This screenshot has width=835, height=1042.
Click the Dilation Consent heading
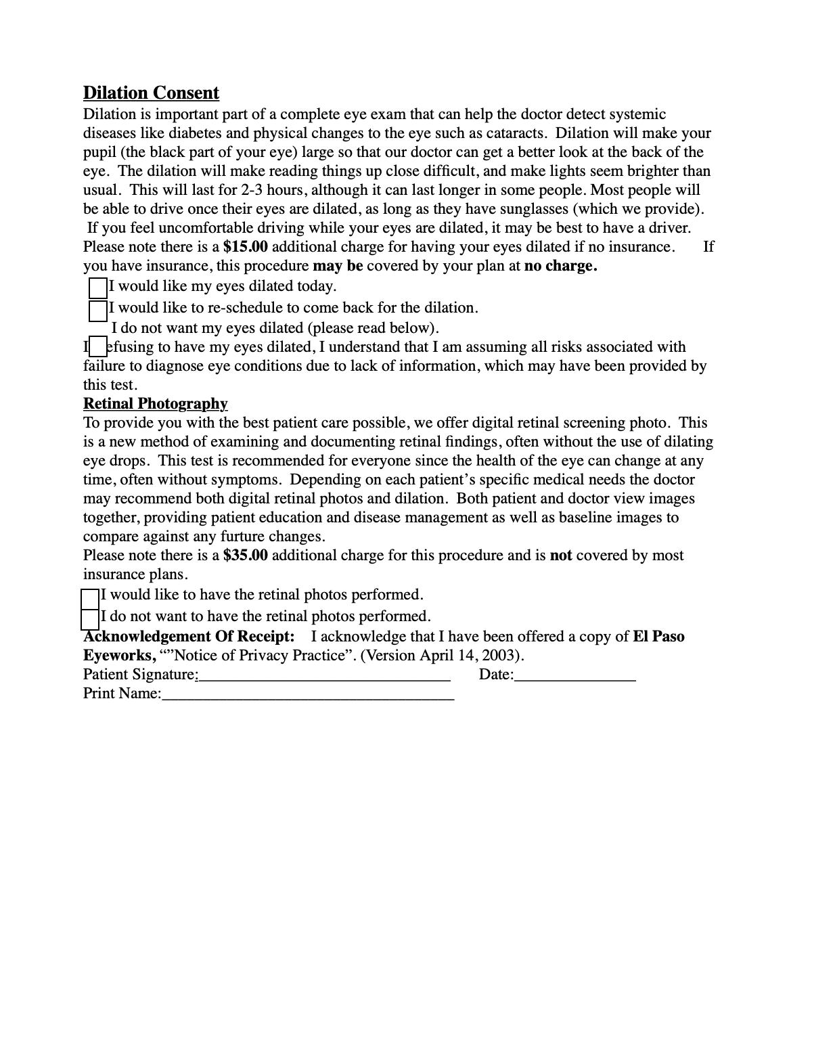151,93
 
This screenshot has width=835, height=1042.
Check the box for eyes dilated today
98,288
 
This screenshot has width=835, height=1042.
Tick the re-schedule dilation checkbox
98,311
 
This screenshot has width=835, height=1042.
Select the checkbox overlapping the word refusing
98,347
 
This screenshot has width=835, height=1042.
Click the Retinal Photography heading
155,404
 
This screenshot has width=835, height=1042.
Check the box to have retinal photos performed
90,598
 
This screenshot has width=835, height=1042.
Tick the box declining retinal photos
90,618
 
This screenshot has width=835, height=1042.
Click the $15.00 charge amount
245,247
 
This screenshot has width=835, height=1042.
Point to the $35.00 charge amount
245,556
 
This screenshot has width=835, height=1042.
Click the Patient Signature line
323,676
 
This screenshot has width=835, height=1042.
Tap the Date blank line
574,676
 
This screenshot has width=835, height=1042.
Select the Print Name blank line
308,695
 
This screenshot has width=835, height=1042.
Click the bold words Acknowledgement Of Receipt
189,637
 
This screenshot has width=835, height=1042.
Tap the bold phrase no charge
560,266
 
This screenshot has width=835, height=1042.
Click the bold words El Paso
658,637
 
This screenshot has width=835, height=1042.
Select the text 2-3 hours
271,190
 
